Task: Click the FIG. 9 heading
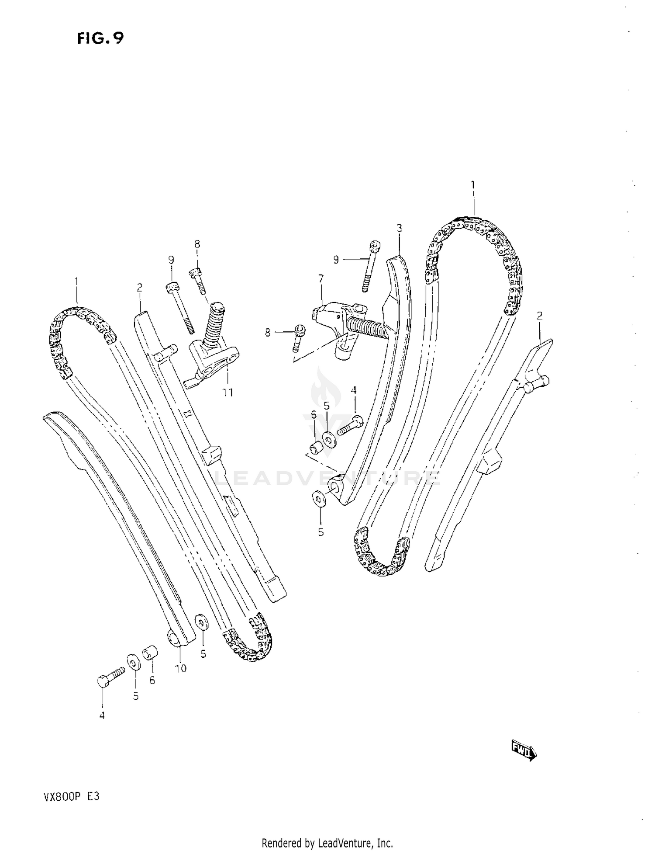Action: tap(100, 38)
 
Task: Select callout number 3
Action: tap(399, 228)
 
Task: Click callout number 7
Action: tap(321, 278)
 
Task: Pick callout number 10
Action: tap(180, 668)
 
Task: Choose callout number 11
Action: tap(228, 393)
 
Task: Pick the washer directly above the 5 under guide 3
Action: tap(319, 499)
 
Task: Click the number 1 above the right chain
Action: tap(472, 185)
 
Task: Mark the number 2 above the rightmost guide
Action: tap(539, 316)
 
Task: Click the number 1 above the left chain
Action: tap(76, 281)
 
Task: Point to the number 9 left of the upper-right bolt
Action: tap(336, 260)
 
